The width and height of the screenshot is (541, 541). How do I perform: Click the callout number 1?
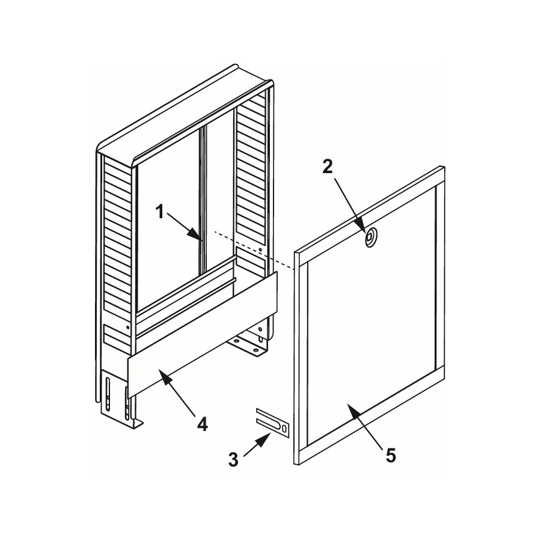pos(160,212)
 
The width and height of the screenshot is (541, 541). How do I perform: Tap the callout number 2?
pos(328,167)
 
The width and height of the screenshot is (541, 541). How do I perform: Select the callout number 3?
pos(234,460)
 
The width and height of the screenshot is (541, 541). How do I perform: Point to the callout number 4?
pos(203,424)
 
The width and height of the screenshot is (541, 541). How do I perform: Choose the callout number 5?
pos(391,456)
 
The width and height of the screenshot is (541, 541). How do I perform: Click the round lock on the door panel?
pos(370,237)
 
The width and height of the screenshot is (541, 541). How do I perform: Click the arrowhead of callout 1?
pos(195,235)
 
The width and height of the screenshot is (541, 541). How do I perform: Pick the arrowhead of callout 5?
pos(355,411)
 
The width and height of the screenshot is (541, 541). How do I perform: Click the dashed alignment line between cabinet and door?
pos(254,249)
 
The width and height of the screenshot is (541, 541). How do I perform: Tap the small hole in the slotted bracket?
pos(284,429)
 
